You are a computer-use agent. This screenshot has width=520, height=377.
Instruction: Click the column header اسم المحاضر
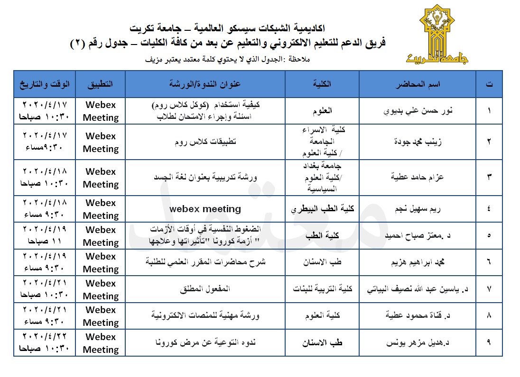click(418, 84)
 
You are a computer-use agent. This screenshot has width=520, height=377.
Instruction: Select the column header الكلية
click(323, 84)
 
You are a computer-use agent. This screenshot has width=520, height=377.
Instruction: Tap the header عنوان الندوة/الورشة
click(205, 84)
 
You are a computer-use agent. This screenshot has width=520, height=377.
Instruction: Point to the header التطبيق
click(100, 84)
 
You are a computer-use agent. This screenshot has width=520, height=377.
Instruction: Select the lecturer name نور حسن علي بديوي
click(418, 111)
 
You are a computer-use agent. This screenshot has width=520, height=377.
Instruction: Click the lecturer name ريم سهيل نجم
click(418, 209)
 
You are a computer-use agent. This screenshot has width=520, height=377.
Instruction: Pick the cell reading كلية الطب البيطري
click(323, 209)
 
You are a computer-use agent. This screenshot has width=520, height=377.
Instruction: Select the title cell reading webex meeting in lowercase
click(205, 209)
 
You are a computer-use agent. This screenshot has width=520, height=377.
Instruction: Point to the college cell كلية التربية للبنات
click(323, 289)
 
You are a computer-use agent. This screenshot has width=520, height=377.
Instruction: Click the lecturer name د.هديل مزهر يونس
click(418, 343)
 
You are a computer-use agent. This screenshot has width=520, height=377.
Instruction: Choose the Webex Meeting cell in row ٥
click(100, 236)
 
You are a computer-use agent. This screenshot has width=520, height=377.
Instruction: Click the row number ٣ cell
click(489, 177)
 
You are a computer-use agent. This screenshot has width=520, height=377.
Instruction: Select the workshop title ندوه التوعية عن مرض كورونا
click(205, 343)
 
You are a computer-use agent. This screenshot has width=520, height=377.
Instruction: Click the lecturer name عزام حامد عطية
click(418, 177)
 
